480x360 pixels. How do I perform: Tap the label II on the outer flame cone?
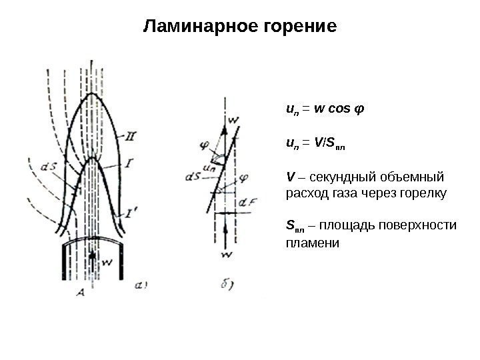coord(131,138)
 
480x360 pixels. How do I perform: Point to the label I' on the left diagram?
coord(134,214)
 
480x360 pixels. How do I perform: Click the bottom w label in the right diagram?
coord(227,254)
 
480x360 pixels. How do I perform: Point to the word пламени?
coord(312,243)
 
